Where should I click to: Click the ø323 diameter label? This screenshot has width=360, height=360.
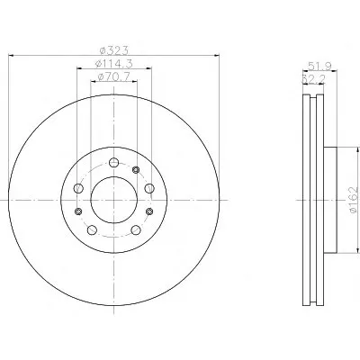(114, 50)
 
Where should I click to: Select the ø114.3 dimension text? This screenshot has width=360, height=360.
(114, 64)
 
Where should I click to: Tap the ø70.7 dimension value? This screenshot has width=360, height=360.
(114, 76)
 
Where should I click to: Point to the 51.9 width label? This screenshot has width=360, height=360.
(319, 66)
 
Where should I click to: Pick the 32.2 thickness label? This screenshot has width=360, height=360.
(313, 79)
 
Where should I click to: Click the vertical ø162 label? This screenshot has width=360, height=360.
(354, 200)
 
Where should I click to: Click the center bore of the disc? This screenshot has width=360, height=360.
(114, 200)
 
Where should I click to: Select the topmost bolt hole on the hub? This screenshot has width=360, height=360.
(113, 163)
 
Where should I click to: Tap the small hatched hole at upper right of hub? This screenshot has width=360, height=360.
(136, 170)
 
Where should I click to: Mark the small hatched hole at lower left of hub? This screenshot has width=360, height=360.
(78, 211)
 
